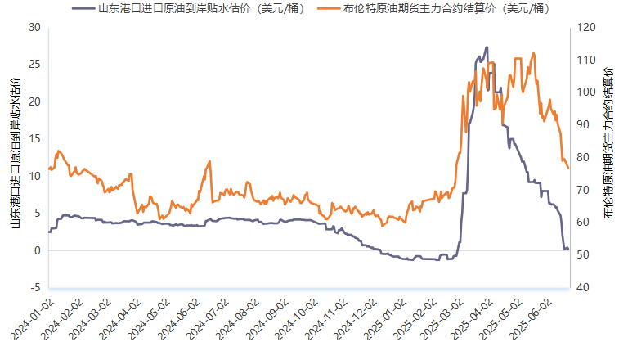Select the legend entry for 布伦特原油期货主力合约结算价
434,8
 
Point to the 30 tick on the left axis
35,27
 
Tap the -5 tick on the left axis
35,287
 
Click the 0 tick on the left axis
38,250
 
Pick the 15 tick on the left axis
35,139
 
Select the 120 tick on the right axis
586,27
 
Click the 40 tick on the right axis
583,287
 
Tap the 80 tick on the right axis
583,157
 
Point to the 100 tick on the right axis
586,92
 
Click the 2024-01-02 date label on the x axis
32,319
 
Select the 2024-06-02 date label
179,319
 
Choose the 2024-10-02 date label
297,319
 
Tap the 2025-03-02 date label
443,319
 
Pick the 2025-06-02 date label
532,319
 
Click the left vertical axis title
16,153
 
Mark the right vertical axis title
608,142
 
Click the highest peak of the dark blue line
487,47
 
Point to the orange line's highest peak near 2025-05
533,53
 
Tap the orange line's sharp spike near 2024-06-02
209,161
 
